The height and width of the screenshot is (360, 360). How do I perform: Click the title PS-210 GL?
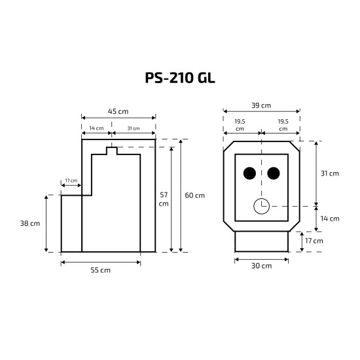(180, 78)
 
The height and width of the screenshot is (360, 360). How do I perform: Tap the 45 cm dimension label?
(118, 111)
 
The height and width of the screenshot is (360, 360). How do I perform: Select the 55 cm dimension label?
(100, 270)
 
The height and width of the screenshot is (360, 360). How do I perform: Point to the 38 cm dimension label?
(30, 223)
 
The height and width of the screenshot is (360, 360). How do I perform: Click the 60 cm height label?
(194, 196)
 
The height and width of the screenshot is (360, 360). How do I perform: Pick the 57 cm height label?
(164, 199)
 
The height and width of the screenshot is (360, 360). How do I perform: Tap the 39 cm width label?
(261, 105)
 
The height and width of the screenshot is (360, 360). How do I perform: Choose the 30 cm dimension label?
(262, 266)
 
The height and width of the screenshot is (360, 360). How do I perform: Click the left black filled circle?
(249, 173)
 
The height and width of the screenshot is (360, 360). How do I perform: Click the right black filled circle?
(274, 173)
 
